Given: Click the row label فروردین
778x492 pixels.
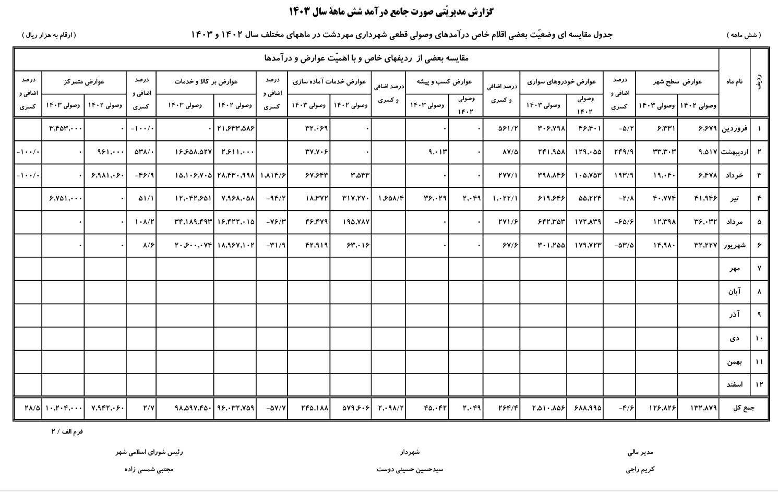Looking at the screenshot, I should tap(734, 128).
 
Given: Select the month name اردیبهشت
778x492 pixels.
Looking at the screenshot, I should tap(734, 152).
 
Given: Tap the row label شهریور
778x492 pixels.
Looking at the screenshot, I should tap(734, 245).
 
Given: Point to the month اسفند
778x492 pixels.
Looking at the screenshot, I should tap(734, 385).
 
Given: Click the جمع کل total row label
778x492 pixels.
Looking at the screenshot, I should tap(744, 407).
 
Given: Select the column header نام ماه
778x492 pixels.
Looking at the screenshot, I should tap(734, 81).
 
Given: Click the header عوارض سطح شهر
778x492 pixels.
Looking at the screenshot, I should tap(677, 81).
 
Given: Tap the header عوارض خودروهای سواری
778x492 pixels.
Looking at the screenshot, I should tap(561, 81).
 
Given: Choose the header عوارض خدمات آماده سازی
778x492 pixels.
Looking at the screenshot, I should tap(329, 81).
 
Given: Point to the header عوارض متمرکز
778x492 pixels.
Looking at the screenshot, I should tap(84, 81).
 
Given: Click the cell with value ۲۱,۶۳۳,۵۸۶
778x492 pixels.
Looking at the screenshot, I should tap(235, 128).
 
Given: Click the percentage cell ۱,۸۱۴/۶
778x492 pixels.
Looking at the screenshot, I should tap(272, 175).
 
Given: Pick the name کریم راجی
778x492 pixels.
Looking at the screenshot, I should tap(640, 469).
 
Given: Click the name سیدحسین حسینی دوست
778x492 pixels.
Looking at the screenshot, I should tap(410, 469).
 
